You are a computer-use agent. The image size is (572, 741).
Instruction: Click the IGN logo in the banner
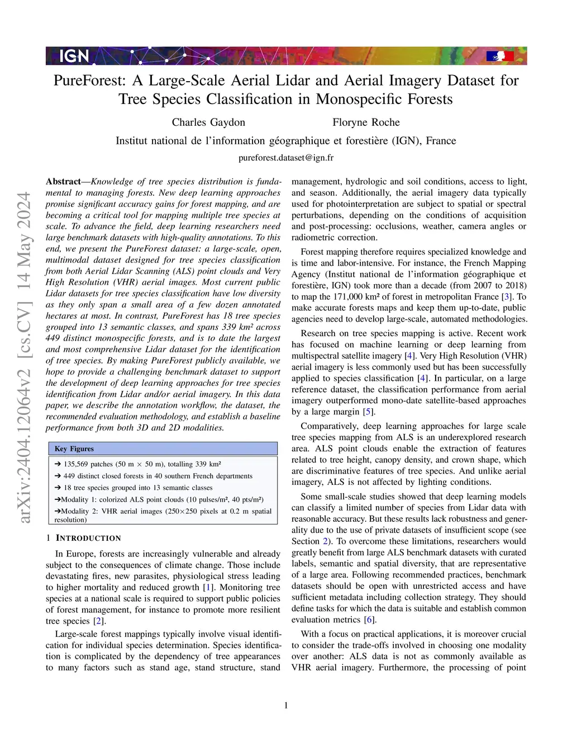[74, 56]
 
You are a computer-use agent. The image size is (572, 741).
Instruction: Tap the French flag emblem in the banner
[499, 56]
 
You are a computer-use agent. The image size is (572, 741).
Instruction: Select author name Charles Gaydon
[208, 122]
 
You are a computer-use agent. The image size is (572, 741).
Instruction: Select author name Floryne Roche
[366, 122]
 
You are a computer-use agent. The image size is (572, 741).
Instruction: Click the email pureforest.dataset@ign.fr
[286, 158]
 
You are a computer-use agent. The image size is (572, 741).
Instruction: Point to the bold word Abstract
[63, 182]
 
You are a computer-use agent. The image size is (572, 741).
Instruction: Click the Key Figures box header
[74, 449]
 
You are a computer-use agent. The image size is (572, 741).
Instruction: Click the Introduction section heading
[83, 538]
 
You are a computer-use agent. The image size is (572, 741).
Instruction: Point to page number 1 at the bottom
[286, 706]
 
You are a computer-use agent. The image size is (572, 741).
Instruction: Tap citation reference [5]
[369, 412]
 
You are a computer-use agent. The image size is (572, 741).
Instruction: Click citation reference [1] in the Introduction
[208, 588]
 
